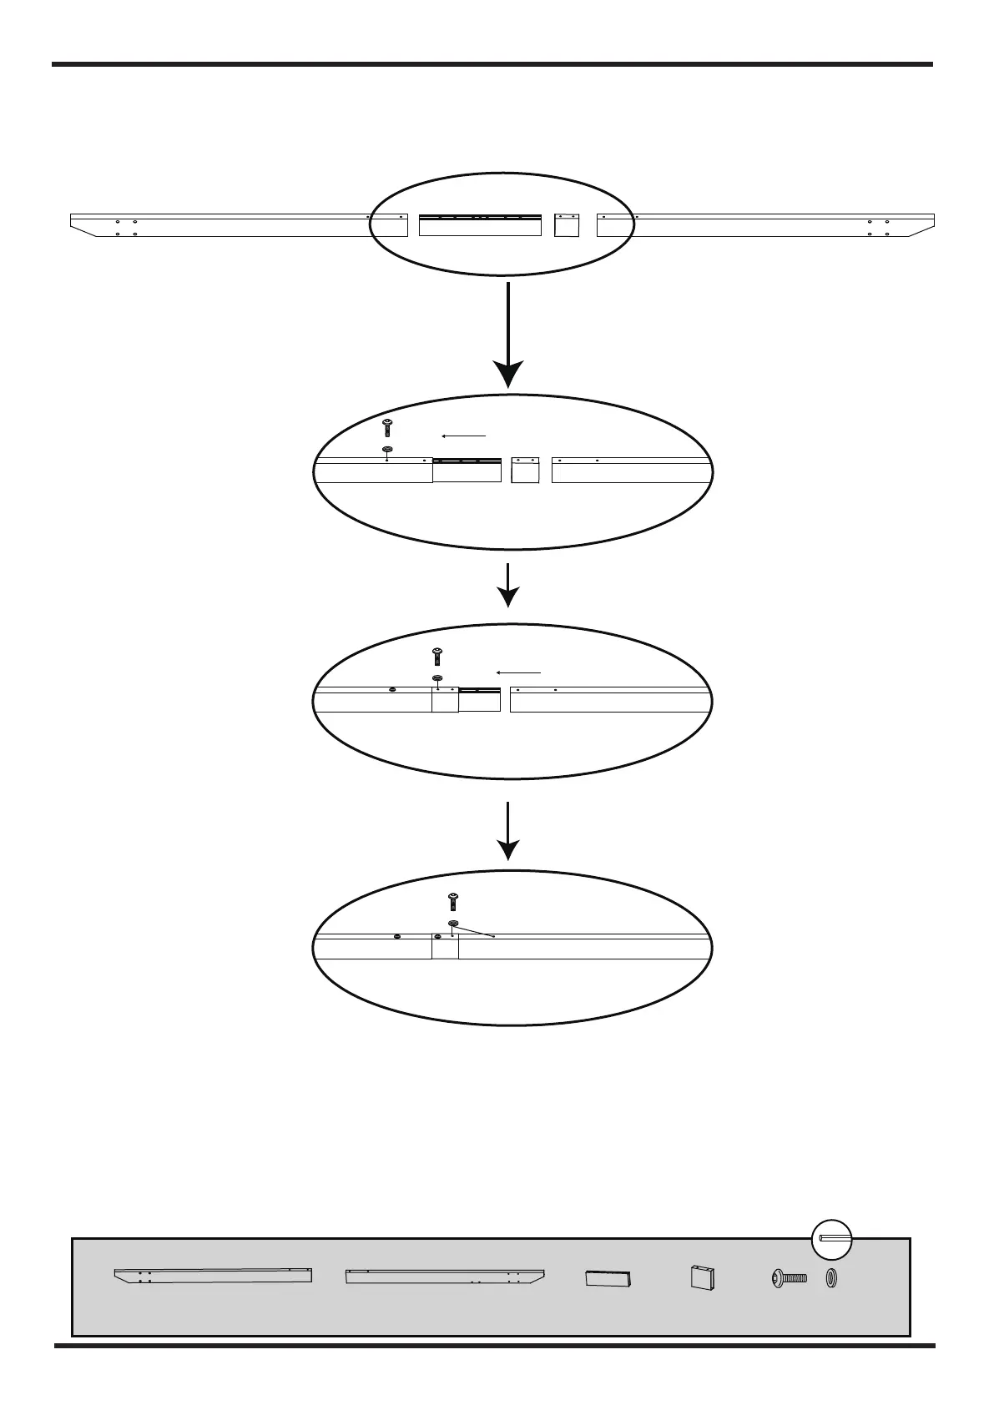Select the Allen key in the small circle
click(831, 1238)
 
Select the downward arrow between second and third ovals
click(507, 585)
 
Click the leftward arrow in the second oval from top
click(463, 436)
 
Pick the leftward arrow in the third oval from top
click(518, 672)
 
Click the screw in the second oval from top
click(387, 428)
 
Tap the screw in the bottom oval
click(453, 901)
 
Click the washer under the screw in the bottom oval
click(453, 924)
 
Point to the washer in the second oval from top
click(387, 449)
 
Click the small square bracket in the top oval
click(567, 225)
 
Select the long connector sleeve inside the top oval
click(480, 225)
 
